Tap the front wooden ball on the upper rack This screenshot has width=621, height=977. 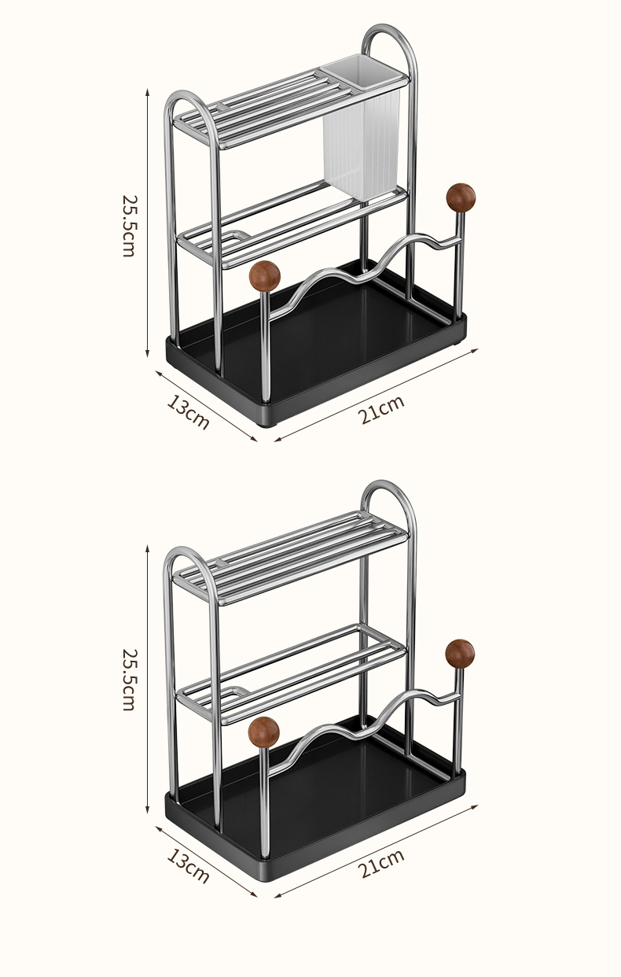click(265, 275)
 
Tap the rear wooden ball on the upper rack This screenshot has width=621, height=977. click(461, 198)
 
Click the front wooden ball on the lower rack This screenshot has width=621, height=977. click(263, 732)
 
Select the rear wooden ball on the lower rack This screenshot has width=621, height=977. click(460, 654)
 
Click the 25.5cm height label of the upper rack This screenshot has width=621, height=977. click(130, 226)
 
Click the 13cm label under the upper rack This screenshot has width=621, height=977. click(188, 411)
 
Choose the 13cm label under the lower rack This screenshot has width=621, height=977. click(188, 866)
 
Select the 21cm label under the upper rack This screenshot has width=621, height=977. click(381, 410)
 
